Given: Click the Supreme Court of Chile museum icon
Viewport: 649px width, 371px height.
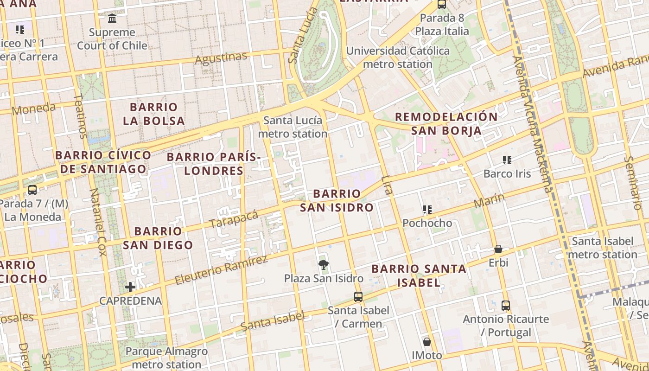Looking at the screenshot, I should click(112, 19).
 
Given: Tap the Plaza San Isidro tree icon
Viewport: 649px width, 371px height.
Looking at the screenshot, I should click(324, 265).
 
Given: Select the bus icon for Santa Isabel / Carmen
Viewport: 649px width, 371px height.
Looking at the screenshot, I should click(358, 296).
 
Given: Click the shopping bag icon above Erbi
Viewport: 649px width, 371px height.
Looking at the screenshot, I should click(498, 249).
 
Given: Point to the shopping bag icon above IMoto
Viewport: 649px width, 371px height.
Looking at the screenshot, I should click(427, 342).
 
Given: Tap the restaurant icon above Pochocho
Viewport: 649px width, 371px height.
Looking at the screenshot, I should click(427, 210).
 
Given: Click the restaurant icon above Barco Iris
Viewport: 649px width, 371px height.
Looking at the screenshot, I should click(507, 160).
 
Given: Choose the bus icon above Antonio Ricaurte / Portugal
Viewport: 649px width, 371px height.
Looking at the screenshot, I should click(506, 306).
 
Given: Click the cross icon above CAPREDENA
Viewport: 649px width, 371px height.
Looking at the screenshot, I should click(130, 287).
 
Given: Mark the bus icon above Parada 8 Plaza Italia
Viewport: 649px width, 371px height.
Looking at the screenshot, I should click(442, 5).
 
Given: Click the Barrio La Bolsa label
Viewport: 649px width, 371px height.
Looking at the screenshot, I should click(154, 114).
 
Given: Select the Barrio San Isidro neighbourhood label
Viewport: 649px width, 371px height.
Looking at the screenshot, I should click(337, 200).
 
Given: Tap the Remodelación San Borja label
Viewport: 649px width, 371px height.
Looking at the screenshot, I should click(446, 123).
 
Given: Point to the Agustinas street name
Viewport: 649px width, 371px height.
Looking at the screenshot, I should click(221, 58).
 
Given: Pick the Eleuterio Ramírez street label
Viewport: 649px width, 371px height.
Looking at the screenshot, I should click(221, 270).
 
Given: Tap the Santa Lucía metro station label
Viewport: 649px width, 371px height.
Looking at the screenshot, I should click(293, 127).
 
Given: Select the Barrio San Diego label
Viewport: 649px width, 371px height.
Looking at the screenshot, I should click(158, 237).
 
